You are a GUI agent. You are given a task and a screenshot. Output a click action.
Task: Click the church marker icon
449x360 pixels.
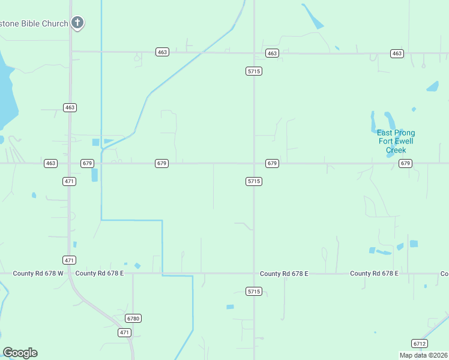(x=77, y=23)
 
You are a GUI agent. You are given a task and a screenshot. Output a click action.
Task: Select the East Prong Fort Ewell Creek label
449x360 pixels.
(x=396, y=142)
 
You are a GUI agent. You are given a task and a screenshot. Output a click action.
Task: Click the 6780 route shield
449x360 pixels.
(x=133, y=318)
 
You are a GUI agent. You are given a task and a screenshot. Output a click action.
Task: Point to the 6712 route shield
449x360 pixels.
(x=420, y=343)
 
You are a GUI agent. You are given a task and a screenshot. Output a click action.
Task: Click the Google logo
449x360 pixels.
(x=20, y=353)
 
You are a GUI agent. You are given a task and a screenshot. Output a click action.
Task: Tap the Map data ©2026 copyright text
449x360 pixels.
(x=424, y=355)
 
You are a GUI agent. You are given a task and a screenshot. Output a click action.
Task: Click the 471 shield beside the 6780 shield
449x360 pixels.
(x=124, y=332)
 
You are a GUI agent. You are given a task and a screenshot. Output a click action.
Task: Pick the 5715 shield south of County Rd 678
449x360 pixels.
(x=254, y=291)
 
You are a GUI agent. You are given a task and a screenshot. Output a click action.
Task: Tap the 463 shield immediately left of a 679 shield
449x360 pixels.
(x=50, y=163)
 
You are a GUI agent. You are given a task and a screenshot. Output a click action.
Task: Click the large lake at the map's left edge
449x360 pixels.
(x=6, y=90)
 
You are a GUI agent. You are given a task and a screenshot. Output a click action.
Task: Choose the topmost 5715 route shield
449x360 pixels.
(x=254, y=71)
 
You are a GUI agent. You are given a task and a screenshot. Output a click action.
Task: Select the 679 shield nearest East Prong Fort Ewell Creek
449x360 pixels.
(x=405, y=163)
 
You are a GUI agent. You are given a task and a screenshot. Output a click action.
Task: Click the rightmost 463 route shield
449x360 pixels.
(x=396, y=53)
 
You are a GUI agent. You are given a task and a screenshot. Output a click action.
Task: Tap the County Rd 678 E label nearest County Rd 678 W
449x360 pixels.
(x=100, y=274)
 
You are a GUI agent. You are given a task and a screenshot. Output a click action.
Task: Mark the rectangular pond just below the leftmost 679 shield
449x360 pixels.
(x=94, y=175)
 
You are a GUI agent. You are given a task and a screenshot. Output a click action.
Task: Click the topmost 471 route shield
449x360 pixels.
(x=70, y=181)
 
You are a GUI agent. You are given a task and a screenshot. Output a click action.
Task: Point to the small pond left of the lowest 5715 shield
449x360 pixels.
(x=230, y=307)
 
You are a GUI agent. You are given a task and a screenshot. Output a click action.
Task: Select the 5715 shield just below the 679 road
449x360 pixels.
(x=254, y=181)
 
